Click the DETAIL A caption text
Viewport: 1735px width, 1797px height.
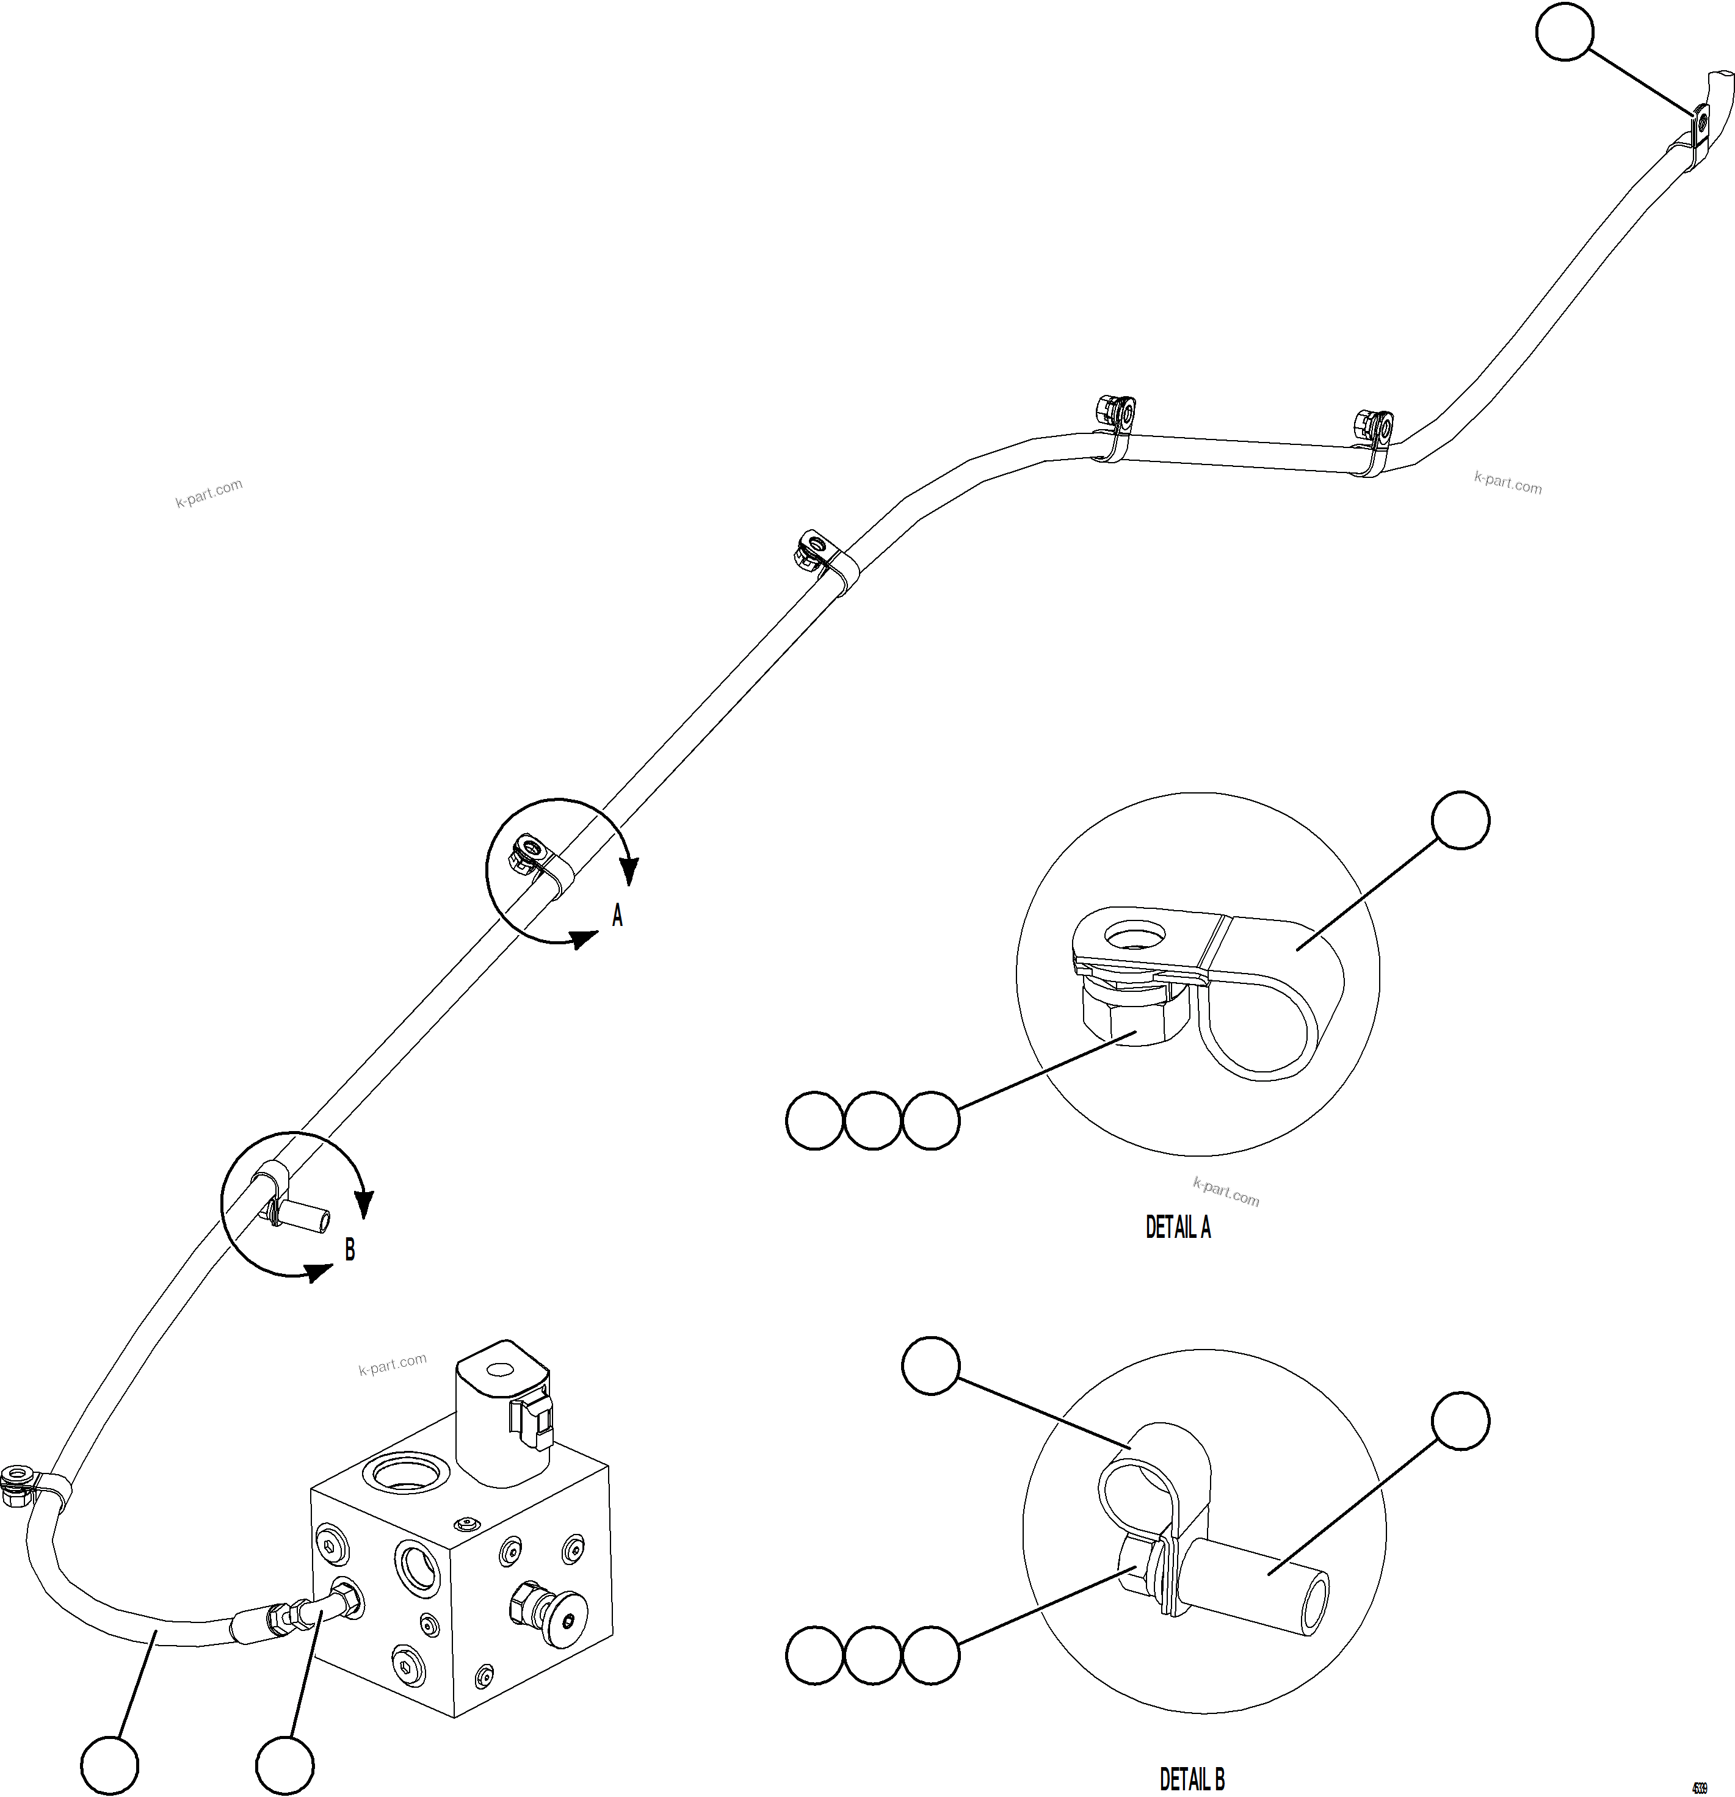point(1178,1228)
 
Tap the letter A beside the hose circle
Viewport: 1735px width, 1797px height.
point(617,915)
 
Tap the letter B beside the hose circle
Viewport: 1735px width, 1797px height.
point(349,1249)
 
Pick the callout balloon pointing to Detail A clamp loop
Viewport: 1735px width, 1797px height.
point(1461,820)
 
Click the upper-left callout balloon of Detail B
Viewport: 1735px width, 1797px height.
point(931,1366)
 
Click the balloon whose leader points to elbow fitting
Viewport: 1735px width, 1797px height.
point(284,1765)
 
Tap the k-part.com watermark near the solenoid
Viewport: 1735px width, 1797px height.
point(393,1364)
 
